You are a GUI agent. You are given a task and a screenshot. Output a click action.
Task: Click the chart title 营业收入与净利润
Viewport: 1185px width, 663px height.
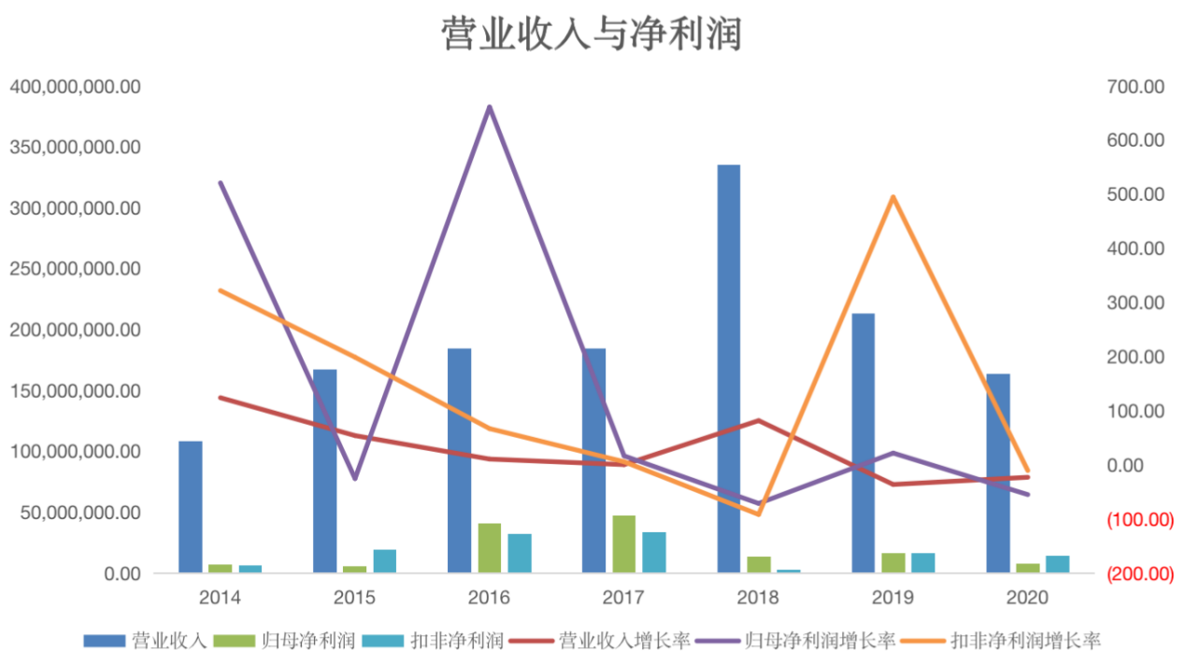pos(592,35)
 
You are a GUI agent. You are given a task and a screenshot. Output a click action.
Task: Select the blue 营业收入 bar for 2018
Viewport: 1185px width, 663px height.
pos(729,368)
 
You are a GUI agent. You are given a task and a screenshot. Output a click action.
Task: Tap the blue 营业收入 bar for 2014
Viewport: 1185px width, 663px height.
pos(191,506)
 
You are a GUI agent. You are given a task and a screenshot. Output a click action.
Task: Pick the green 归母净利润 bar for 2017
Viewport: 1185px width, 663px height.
pos(624,543)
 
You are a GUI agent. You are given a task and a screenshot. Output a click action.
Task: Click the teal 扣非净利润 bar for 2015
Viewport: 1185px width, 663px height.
pos(385,560)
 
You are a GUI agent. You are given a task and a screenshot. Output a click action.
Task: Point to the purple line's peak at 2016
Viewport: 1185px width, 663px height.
pos(489,107)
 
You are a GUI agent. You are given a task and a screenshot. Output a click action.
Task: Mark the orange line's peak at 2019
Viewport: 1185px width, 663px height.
pos(893,197)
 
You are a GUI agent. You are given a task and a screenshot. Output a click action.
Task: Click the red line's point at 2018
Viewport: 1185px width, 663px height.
pos(759,420)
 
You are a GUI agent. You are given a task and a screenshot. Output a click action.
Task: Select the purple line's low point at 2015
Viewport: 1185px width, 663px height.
pos(354,478)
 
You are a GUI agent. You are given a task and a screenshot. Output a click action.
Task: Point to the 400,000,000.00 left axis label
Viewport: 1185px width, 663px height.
pos(75,87)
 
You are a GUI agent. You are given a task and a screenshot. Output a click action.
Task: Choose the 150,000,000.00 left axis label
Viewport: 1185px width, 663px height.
pos(75,391)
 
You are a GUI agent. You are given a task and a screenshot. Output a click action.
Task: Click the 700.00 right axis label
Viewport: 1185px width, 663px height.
pos(1135,87)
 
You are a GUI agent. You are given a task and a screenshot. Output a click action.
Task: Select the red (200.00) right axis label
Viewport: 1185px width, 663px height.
pos(1140,574)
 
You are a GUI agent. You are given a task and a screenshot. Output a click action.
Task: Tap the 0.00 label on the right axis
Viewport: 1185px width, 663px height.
pos(1140,466)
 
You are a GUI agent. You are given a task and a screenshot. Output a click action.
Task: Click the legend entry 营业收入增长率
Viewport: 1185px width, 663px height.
pos(624,641)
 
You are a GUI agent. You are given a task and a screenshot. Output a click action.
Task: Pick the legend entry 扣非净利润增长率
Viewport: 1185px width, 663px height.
pos(1025,641)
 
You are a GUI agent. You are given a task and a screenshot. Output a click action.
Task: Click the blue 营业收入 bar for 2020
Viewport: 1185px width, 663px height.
pos(998,473)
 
